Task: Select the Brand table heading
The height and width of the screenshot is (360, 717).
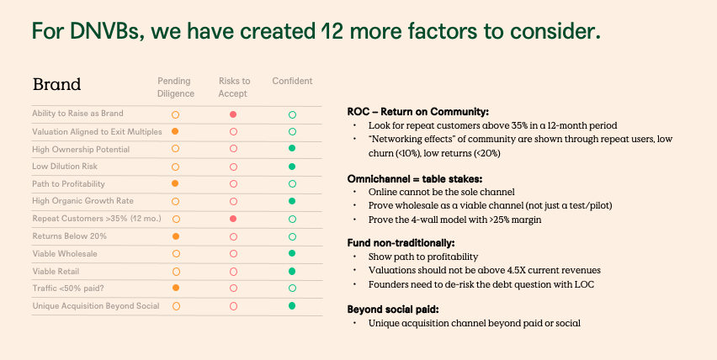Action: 56,85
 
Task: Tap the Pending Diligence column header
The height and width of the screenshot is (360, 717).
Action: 175,87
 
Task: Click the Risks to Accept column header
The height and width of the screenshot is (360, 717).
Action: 233,87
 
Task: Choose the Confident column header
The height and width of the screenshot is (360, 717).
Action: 292,81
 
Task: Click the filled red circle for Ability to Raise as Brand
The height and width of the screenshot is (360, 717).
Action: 233,114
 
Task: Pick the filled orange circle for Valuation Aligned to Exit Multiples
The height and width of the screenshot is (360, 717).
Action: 175,132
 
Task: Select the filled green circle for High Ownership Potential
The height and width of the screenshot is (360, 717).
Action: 292,149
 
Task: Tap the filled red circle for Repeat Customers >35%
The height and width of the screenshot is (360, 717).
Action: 233,219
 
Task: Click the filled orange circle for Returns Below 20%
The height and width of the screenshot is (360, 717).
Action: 175,236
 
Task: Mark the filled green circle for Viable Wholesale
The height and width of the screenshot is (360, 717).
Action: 292,253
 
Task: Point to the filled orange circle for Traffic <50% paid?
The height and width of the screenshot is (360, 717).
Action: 175,289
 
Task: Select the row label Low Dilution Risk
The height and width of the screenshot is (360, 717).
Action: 66,166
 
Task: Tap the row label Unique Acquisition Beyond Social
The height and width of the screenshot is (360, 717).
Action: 95,305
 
